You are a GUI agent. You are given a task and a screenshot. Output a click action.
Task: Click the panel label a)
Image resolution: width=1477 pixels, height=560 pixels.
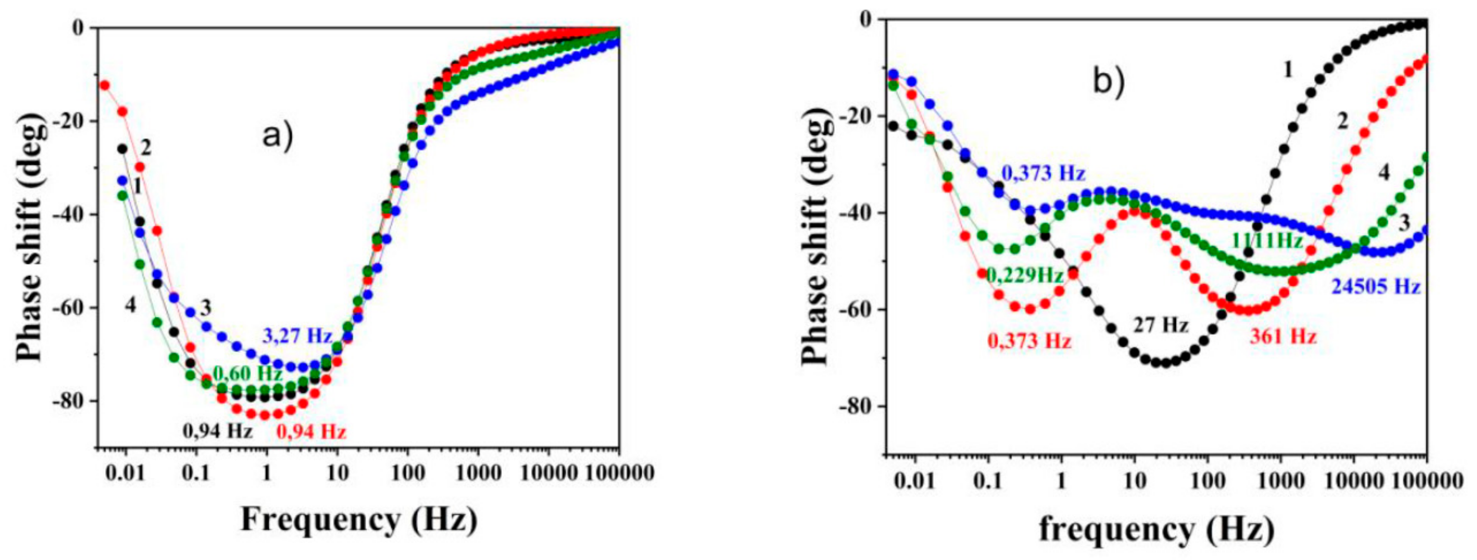(277, 137)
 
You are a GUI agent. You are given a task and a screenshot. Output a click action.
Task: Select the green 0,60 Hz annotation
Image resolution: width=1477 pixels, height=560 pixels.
(248, 374)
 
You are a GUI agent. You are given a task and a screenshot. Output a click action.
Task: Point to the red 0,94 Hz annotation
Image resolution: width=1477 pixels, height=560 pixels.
(312, 432)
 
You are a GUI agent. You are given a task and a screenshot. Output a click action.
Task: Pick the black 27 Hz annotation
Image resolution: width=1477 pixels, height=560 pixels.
(1161, 326)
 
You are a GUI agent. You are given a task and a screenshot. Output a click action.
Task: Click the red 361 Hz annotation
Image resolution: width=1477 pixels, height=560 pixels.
(1283, 336)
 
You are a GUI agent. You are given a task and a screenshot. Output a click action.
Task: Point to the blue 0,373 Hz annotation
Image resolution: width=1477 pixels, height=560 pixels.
(1044, 173)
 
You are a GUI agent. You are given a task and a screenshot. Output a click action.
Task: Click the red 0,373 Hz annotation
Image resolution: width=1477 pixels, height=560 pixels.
(1029, 342)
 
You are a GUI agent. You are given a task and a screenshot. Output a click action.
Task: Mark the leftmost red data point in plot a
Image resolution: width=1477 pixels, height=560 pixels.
(104, 85)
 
